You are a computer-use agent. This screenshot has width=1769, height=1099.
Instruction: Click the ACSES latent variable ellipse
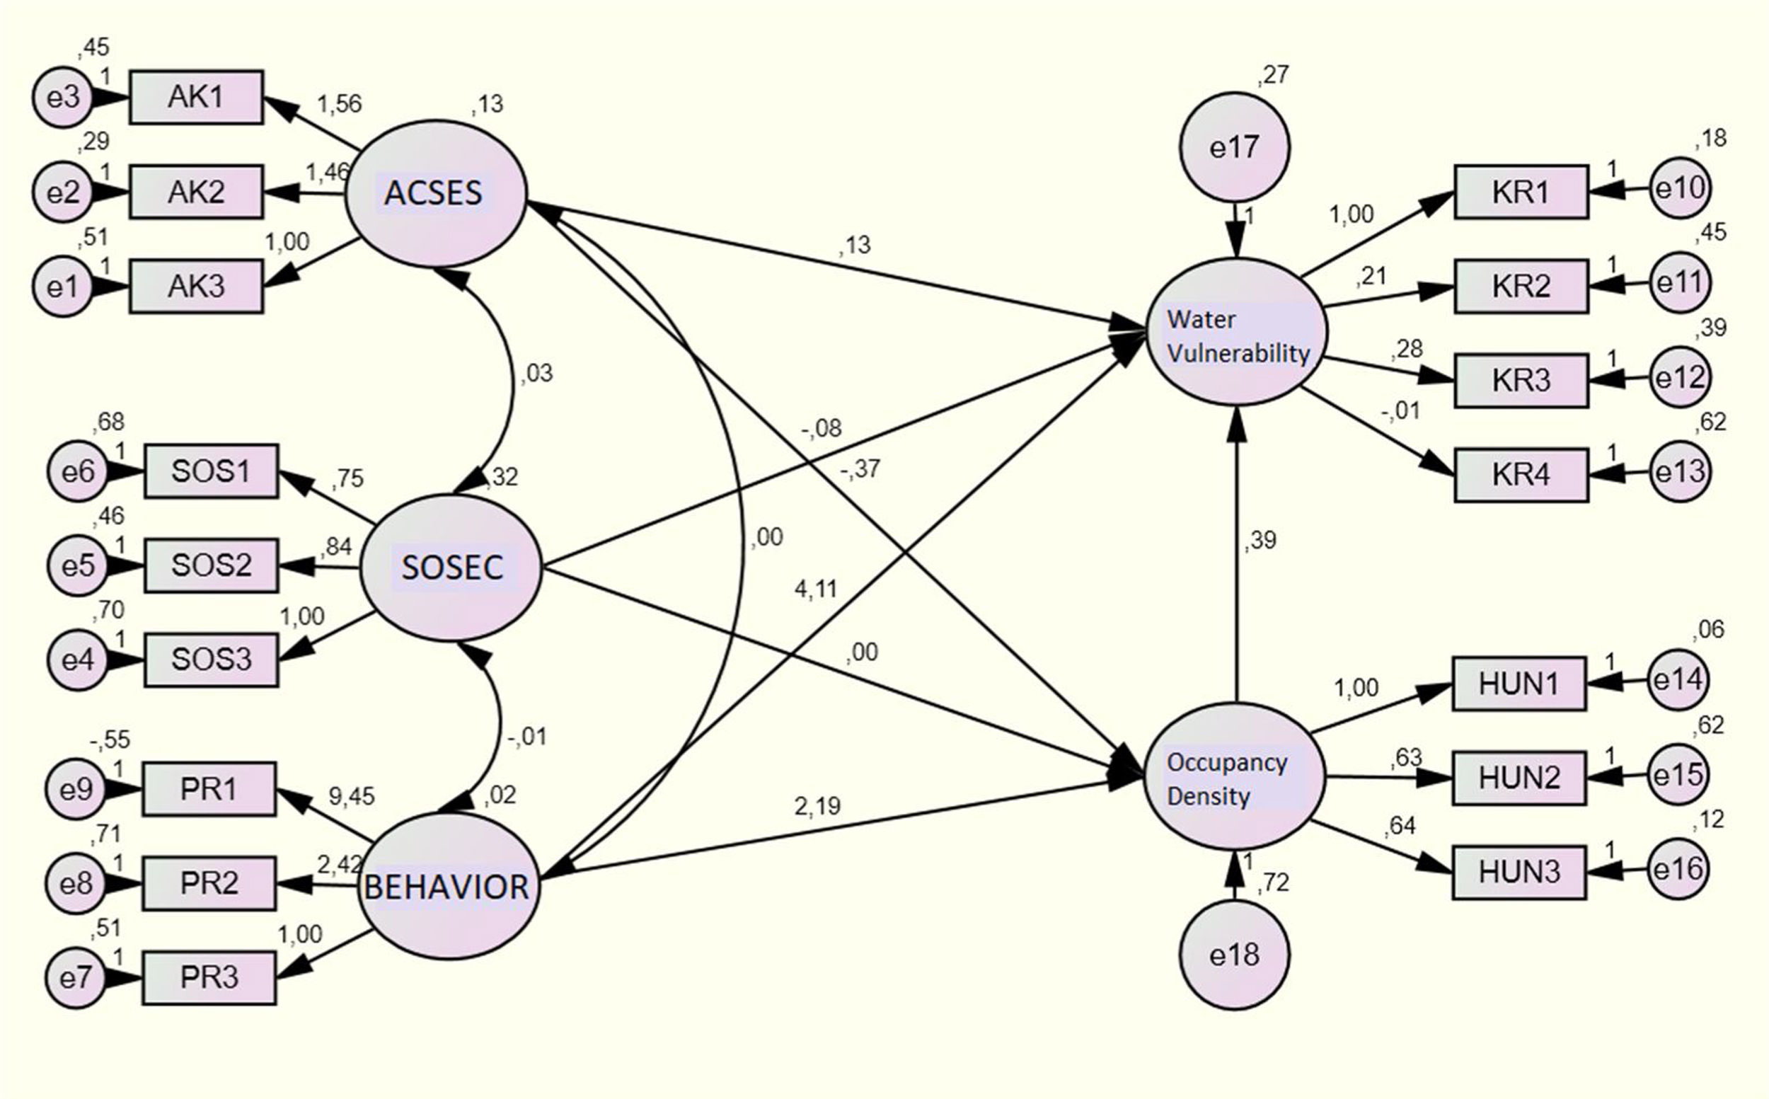point(434,193)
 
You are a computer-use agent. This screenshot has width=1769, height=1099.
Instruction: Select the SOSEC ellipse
point(451,567)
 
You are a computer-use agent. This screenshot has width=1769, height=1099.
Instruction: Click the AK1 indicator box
point(196,97)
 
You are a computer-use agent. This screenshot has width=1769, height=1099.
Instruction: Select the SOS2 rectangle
point(211,565)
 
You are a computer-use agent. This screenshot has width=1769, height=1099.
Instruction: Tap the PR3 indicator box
point(209,977)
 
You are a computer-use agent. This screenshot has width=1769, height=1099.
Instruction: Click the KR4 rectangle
point(1521,475)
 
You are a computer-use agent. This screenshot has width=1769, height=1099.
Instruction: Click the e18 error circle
point(1234,955)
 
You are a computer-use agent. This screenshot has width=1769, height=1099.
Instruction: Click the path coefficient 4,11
point(815,589)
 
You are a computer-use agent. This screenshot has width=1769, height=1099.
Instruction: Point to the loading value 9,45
point(351,797)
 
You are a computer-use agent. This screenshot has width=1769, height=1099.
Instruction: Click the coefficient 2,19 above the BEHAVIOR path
point(817,805)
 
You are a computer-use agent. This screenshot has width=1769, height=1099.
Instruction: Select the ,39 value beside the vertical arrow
point(1260,540)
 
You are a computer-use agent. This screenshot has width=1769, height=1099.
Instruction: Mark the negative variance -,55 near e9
point(110,740)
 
